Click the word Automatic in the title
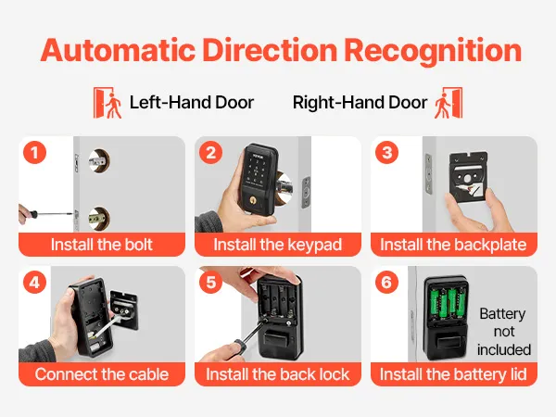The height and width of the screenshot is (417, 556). click(118, 50)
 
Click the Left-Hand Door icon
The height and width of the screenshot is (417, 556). click(107, 103)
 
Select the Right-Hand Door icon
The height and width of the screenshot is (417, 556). click(449, 103)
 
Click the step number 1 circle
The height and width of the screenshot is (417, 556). click(35, 153)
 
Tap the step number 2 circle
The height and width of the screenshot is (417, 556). click(210, 153)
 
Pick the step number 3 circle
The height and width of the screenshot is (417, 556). click(386, 153)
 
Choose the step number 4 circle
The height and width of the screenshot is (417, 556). click(35, 283)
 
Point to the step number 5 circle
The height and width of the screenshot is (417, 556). click(210, 283)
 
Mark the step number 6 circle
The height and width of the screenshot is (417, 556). click(386, 283)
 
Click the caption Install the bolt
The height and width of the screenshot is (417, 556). click(101, 245)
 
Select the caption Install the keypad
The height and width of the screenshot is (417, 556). click(278, 246)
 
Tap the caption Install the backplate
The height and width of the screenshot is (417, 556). click(453, 246)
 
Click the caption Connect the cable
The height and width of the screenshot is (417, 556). click(102, 374)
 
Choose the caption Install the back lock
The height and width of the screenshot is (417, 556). click(278, 374)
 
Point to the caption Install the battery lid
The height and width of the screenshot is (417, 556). click(453, 375)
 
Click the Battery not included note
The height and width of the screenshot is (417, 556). click(503, 332)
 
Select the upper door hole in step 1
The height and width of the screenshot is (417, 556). click(99, 161)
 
